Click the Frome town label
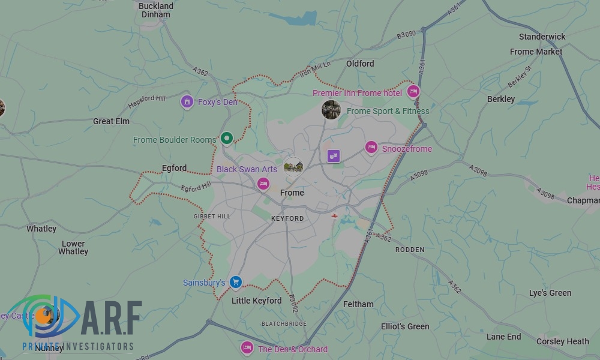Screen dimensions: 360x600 pyautogui.click(x=292, y=193)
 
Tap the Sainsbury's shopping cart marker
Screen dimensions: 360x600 pyautogui.click(x=236, y=281)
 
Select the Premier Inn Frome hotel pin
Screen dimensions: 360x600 pyautogui.click(x=413, y=92)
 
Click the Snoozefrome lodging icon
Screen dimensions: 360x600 pyautogui.click(x=371, y=148)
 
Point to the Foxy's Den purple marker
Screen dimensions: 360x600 pyautogui.click(x=187, y=101)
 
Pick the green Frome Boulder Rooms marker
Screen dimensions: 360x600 pyautogui.click(x=226, y=139)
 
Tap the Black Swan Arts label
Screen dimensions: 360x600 pyautogui.click(x=247, y=169)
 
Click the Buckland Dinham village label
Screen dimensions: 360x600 pyautogui.click(x=156, y=10)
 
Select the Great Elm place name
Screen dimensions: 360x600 pyautogui.click(x=111, y=121)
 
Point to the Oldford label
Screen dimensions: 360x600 pyautogui.click(x=360, y=63)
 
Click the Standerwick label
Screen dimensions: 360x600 pyautogui.click(x=542, y=37)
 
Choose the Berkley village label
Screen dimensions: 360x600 pyautogui.click(x=501, y=98)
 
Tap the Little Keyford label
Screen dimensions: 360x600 pyautogui.click(x=256, y=301)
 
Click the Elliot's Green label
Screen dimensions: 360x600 pyautogui.click(x=405, y=326)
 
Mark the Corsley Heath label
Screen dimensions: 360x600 pyautogui.click(x=562, y=341)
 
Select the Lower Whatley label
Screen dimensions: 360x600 pyautogui.click(x=73, y=247)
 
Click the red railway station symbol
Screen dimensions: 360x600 pyautogui.click(x=334, y=215)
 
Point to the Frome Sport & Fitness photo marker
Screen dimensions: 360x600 pyautogui.click(x=331, y=110)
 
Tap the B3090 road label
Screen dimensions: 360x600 pyautogui.click(x=406, y=36)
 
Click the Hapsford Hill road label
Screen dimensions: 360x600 pyautogui.click(x=146, y=101)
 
